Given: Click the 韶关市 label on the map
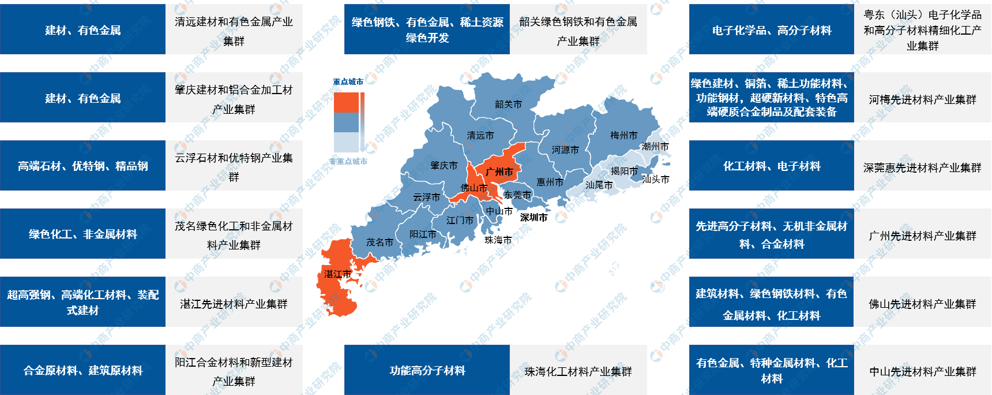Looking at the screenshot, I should (x=508, y=105).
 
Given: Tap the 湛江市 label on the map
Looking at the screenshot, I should (x=337, y=274).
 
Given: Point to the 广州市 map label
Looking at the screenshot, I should (x=499, y=172).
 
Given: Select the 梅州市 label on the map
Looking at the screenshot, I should (x=623, y=135).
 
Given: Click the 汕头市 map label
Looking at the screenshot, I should (x=655, y=179).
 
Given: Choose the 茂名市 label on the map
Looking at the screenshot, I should (x=379, y=242).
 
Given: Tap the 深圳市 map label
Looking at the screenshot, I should (x=533, y=217).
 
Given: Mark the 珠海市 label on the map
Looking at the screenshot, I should (x=498, y=240).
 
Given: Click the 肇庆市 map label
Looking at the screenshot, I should (x=444, y=165).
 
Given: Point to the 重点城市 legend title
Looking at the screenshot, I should (x=348, y=81).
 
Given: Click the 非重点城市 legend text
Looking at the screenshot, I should (x=348, y=161).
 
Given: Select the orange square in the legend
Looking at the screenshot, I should (x=346, y=102).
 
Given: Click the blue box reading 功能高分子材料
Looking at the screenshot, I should (x=427, y=370).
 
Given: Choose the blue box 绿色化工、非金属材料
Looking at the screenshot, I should (x=82, y=234).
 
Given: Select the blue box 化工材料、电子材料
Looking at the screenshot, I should (x=771, y=166).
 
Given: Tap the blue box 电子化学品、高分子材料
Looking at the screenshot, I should (x=771, y=29).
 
